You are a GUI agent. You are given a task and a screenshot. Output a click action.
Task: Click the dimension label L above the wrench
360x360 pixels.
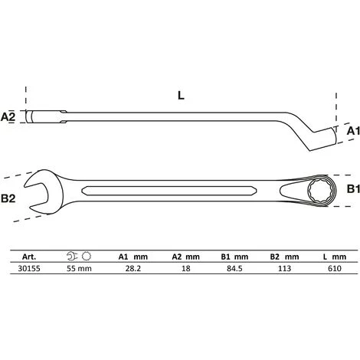pyautogui.click(x=180, y=97)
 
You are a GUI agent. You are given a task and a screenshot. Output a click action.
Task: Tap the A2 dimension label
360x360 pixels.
pyautogui.click(x=10, y=117)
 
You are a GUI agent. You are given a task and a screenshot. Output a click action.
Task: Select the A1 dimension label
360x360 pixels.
pyautogui.click(x=352, y=132)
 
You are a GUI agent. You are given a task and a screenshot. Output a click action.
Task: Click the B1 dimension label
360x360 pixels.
pyautogui.click(x=352, y=188)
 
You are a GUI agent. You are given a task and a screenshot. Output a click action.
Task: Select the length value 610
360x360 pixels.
pyautogui.click(x=332, y=269)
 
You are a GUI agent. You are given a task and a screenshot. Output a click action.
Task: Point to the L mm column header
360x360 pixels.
pyautogui.click(x=332, y=257)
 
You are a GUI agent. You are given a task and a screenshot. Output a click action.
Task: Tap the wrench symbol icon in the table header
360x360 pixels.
pyautogui.click(x=71, y=257)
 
